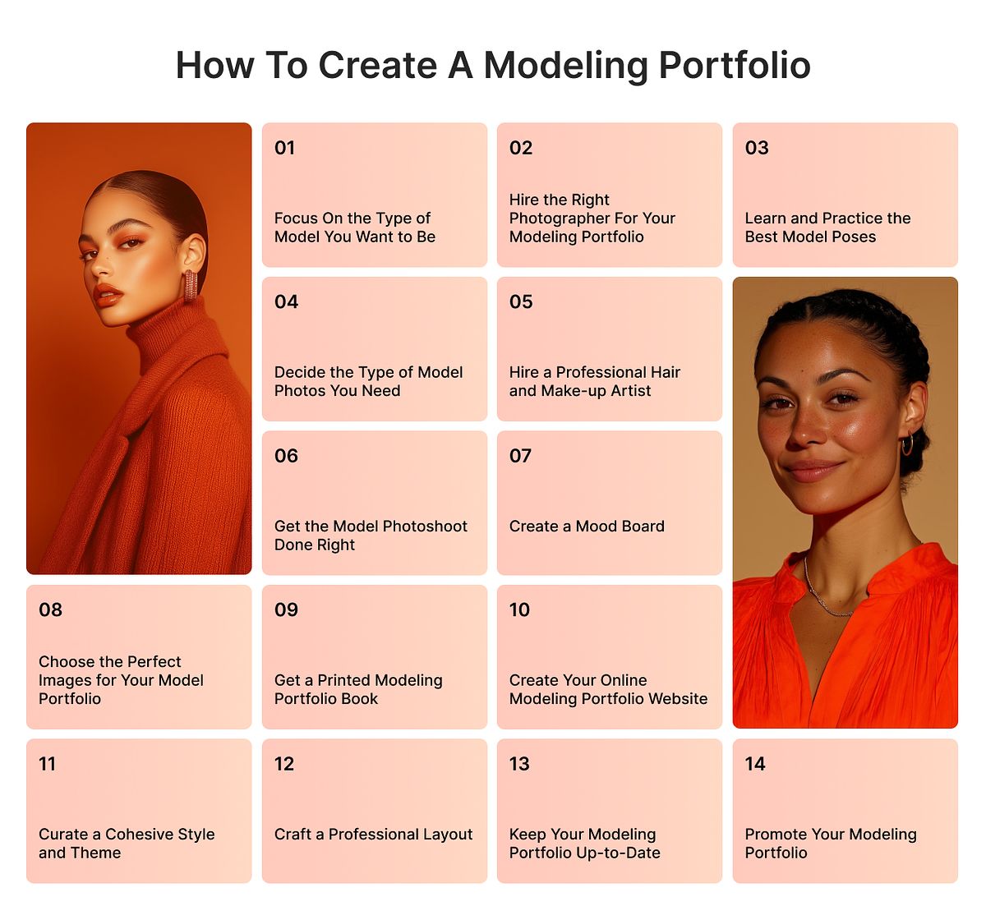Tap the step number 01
click(284, 148)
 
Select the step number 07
click(520, 456)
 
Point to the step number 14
click(755, 764)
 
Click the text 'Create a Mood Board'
click(587, 527)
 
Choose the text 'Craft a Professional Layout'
click(373, 835)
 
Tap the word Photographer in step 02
click(558, 218)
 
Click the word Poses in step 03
click(854, 237)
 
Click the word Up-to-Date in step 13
click(619, 853)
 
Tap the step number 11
click(48, 764)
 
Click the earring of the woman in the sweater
click(191, 284)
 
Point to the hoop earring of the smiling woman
click(907, 444)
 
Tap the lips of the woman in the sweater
click(108, 295)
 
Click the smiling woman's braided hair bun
click(916, 460)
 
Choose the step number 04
click(286, 302)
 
